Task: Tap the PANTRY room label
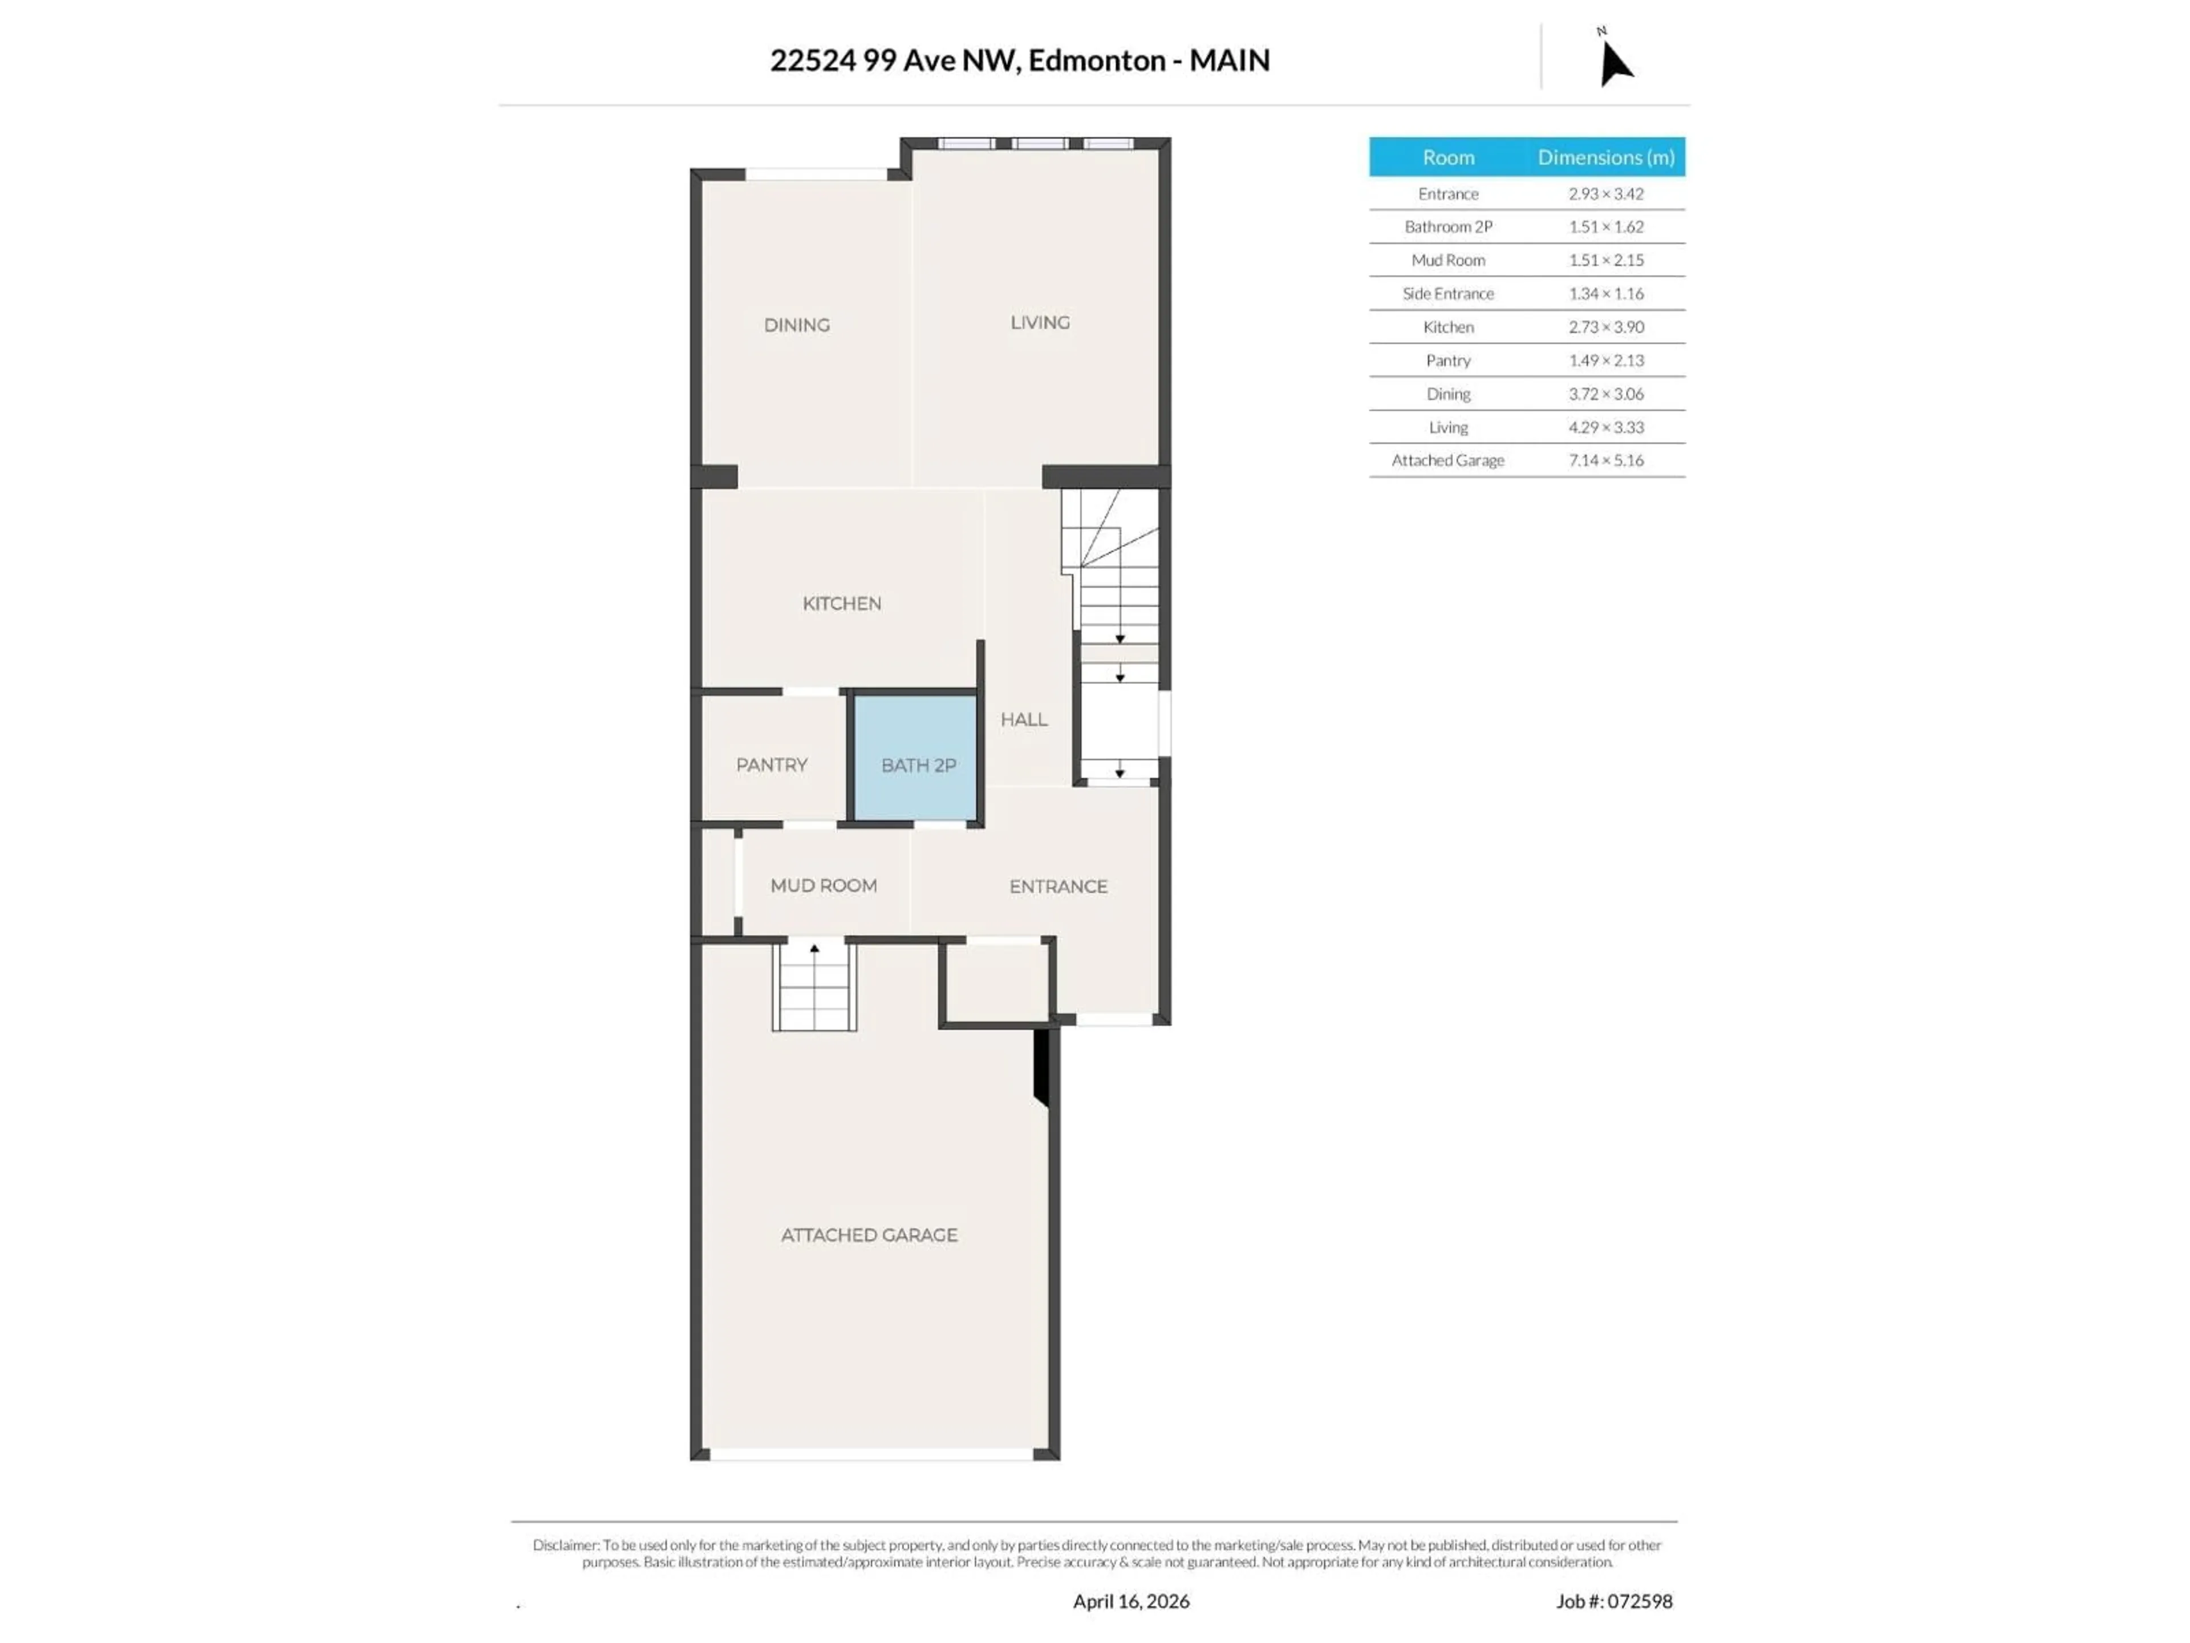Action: click(771, 764)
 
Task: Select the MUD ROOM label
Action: click(823, 885)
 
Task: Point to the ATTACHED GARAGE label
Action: click(868, 1235)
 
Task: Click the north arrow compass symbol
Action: click(1614, 62)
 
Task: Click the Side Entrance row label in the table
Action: click(1447, 293)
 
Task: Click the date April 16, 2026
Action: click(1130, 1601)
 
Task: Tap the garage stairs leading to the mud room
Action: click(814, 986)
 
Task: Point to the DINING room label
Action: click(796, 325)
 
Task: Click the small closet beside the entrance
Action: click(995, 981)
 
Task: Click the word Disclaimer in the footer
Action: click(565, 1545)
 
